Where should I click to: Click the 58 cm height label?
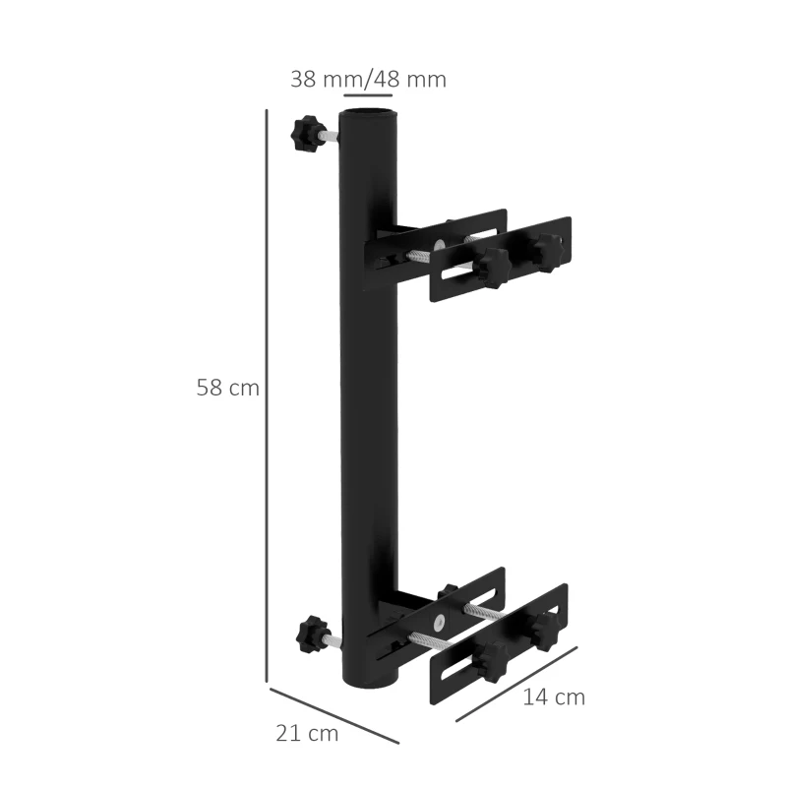pyautogui.click(x=227, y=388)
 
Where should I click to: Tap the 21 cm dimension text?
pyautogui.click(x=307, y=733)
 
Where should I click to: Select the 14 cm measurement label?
pyautogui.click(x=554, y=697)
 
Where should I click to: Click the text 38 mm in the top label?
pyautogui.click(x=330, y=80)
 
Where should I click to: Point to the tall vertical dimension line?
pyautogui.click(x=267, y=393)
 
